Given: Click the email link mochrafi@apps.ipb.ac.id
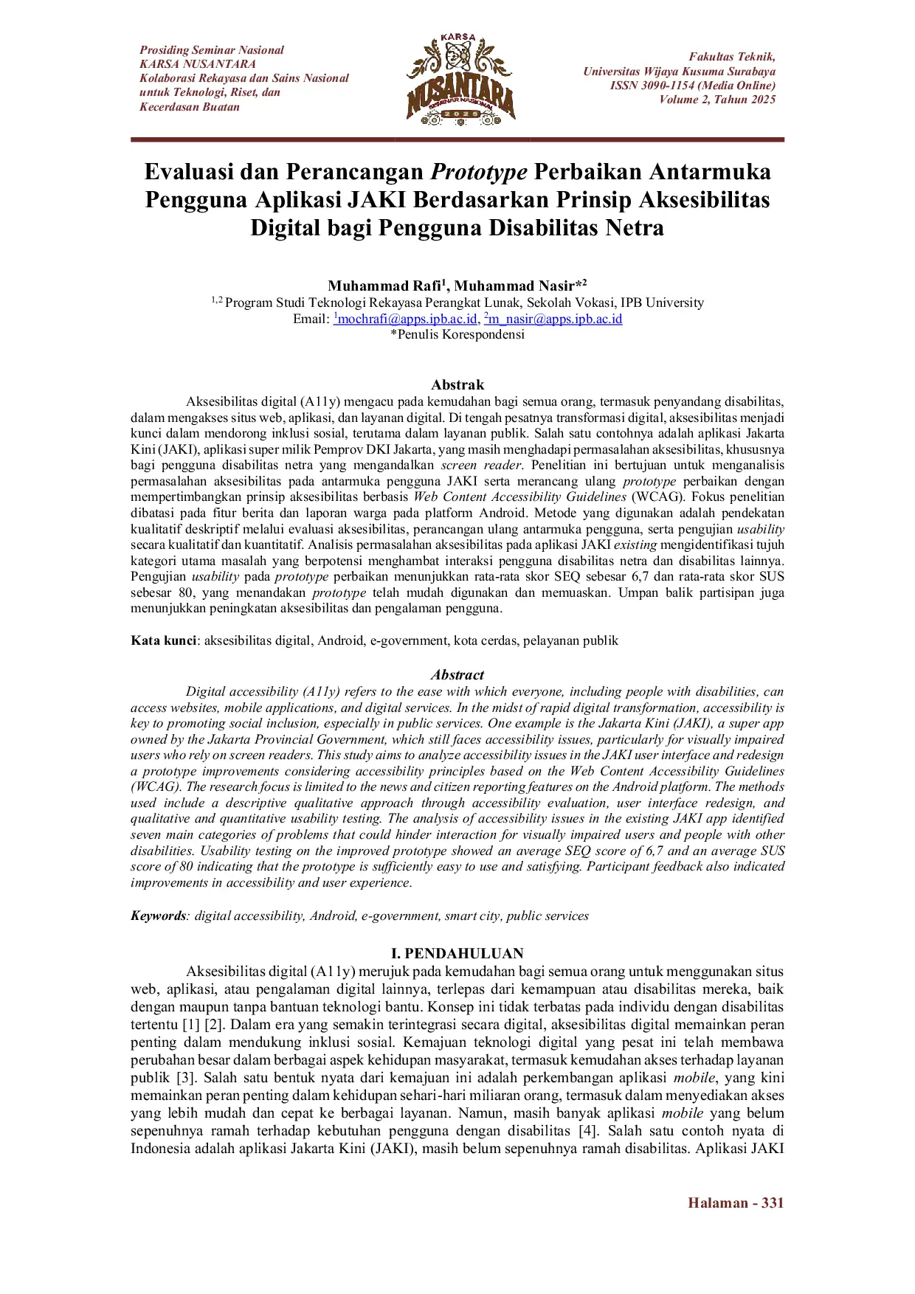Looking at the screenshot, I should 407,319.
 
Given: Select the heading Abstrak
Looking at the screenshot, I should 457,384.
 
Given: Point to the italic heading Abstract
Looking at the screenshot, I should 457,674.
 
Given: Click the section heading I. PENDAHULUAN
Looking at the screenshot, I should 457,953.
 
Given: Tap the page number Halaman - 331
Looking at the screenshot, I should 735,1203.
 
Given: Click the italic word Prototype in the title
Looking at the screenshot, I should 479,172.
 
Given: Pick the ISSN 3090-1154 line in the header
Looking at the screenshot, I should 692,86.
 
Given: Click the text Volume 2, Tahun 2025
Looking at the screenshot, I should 717,100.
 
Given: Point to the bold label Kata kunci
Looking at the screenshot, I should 163,640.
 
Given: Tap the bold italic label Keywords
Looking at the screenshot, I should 159,916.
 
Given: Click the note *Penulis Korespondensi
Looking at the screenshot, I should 457,334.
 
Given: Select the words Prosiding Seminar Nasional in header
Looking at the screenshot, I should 212,50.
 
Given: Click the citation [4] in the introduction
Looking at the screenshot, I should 587,1130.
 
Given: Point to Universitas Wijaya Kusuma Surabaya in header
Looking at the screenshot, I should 679,72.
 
